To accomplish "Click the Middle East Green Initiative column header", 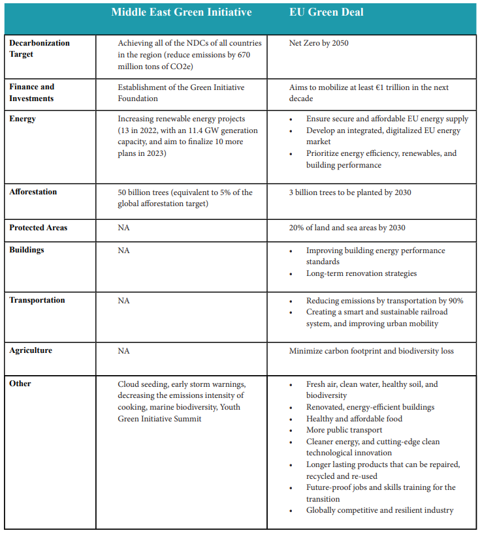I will pyautogui.click(x=181, y=12).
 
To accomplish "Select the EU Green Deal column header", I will pyautogui.click(x=326, y=12).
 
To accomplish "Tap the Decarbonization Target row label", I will pyautogui.click(x=39, y=49).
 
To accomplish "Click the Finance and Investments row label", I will pyautogui.click(x=32, y=93).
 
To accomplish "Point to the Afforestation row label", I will pyautogui.click(x=33, y=192).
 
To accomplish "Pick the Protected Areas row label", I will pyautogui.click(x=39, y=228).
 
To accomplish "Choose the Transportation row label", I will pyautogui.click(x=37, y=300).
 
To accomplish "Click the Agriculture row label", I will pyautogui.click(x=31, y=350).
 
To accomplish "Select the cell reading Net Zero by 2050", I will pyautogui.click(x=323, y=43).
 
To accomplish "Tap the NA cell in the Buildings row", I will pyautogui.click(x=123, y=251).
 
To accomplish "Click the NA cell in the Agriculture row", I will pyautogui.click(x=123, y=351).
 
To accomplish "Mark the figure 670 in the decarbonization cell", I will pyautogui.click(x=242, y=55).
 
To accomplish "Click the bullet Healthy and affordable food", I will pyautogui.click(x=354, y=419).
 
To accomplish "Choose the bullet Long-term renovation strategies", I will pyautogui.click(x=361, y=273).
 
